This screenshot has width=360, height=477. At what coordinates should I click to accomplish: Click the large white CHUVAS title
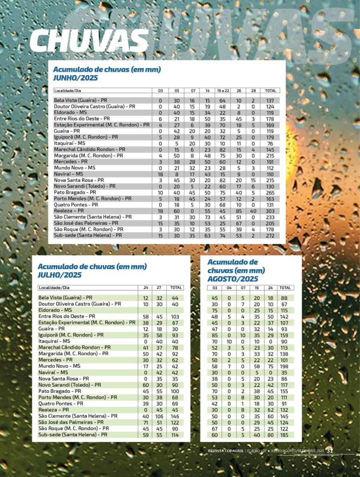(x=89, y=41)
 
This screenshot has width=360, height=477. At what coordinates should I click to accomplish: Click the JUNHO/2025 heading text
(x=76, y=78)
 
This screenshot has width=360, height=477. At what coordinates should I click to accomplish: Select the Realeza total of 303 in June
(x=271, y=211)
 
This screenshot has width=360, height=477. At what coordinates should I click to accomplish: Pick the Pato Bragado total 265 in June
(x=271, y=192)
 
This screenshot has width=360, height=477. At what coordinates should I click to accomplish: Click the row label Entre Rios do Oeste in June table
(x=82, y=118)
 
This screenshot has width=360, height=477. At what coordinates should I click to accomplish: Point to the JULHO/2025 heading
(x=60, y=275)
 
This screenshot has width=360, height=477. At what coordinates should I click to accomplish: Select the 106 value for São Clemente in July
(x=159, y=416)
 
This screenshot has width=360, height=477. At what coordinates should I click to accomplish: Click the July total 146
(x=175, y=416)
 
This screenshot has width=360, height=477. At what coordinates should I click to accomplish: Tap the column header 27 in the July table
(x=159, y=288)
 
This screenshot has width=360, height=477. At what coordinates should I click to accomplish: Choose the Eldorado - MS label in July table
(x=55, y=310)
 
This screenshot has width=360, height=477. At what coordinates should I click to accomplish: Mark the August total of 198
(x=285, y=366)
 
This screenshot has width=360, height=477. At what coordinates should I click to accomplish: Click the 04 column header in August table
(x=229, y=288)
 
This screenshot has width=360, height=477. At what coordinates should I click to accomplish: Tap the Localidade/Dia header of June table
(x=70, y=91)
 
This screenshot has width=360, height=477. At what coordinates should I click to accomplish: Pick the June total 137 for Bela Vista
(x=271, y=100)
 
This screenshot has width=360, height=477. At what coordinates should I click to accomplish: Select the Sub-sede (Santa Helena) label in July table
(x=73, y=434)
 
